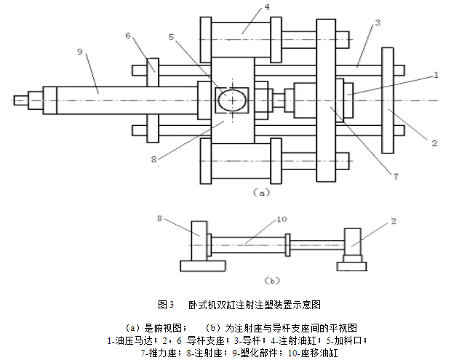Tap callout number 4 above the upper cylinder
click(247, 7)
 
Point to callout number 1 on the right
click(436, 74)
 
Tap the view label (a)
click(261, 193)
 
